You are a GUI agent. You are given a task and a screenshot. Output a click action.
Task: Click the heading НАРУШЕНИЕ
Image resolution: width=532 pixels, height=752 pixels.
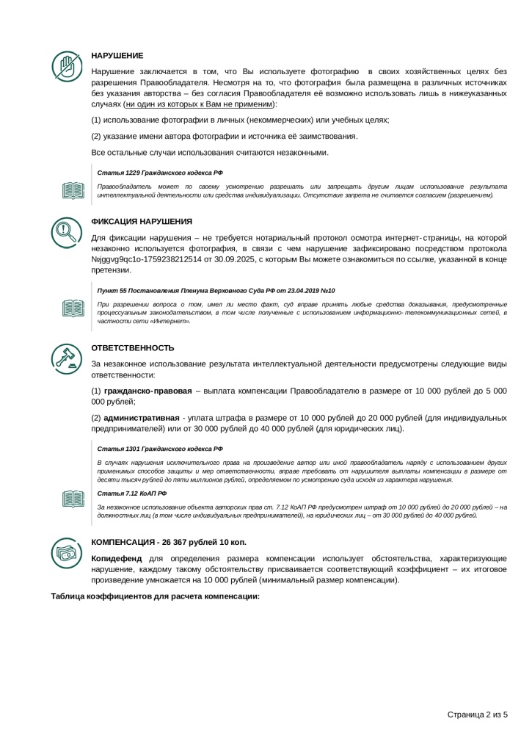pos(117,56)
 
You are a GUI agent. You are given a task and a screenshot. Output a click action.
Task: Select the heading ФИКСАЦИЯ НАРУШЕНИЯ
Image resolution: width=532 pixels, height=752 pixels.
pos(142,221)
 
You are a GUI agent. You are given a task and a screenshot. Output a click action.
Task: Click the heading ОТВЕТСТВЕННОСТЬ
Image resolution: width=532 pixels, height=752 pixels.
pos(133,347)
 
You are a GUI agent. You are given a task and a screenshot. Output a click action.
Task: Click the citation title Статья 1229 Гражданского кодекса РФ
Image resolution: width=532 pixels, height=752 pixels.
pos(159,172)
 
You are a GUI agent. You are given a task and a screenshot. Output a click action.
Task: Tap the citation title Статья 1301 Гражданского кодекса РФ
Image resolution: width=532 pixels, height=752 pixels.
pos(159,447)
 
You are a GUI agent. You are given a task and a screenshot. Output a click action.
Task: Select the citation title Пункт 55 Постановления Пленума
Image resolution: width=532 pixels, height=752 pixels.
pos(216,291)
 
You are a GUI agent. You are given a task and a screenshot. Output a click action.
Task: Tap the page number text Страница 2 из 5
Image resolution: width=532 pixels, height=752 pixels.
pos(477,714)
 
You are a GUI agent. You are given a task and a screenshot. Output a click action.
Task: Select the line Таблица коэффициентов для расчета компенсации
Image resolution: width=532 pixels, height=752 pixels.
pos(156,595)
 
